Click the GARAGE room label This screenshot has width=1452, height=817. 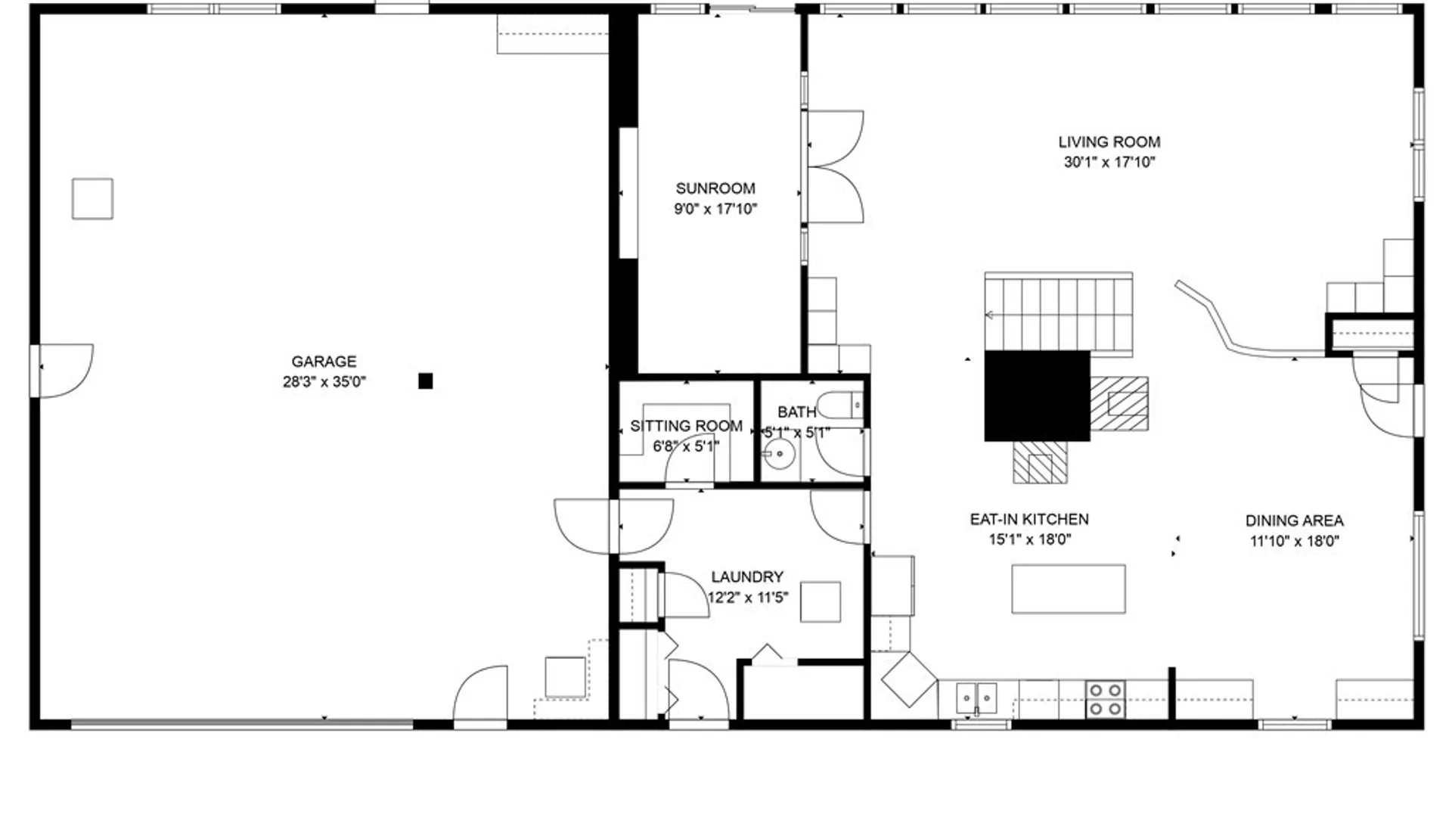324,362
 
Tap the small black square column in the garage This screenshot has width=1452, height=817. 426,381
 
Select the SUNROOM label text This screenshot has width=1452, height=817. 715,188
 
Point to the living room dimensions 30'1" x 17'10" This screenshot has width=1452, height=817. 1109,162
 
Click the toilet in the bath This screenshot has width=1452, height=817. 841,406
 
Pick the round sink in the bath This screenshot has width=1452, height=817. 779,455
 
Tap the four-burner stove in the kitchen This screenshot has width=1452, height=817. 1105,700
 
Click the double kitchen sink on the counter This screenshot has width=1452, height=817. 977,698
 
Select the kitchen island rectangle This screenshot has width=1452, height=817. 1069,589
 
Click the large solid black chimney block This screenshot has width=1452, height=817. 1037,396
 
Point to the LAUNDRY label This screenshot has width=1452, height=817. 747,576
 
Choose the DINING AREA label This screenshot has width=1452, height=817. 1294,520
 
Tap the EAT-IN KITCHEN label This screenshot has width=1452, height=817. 1029,520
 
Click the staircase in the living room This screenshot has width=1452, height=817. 1059,313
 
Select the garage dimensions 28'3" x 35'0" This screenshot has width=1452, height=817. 324,382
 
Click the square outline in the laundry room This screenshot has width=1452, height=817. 821,601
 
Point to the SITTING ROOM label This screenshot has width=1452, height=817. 686,426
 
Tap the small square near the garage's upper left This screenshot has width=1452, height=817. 92,199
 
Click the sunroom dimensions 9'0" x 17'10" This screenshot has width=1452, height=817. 715,209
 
